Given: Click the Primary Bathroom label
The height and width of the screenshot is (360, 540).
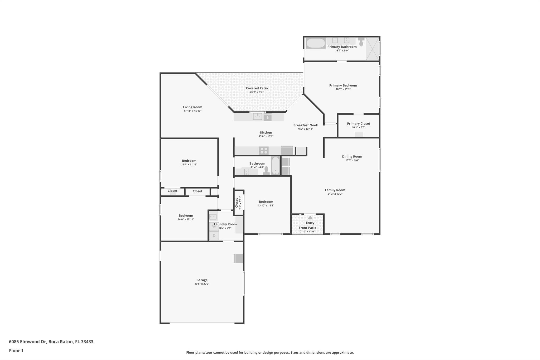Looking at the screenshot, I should (x=342, y=47).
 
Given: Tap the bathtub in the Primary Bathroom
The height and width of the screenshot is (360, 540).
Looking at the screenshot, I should (x=316, y=43).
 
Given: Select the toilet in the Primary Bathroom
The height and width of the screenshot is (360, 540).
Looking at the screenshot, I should (x=361, y=42).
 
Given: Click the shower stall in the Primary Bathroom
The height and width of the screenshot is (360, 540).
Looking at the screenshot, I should (x=372, y=49).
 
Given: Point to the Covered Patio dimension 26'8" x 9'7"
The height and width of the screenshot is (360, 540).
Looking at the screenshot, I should (x=257, y=92).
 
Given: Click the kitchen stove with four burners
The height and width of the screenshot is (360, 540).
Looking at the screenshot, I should (x=264, y=151).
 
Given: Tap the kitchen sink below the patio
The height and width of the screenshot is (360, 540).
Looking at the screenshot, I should (x=257, y=117).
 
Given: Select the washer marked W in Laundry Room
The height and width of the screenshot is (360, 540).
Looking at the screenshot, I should (x=214, y=226).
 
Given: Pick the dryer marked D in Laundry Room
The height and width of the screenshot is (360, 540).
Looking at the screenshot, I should (x=214, y=236).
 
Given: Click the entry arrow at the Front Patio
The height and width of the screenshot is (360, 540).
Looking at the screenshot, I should (x=310, y=218).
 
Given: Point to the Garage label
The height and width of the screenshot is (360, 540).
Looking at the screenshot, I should (x=202, y=280).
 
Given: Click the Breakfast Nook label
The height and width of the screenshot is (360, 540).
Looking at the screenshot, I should (x=305, y=125).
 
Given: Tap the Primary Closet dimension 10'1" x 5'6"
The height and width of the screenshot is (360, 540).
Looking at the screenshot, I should (x=358, y=127).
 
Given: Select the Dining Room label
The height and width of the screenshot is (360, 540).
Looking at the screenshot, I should (x=352, y=156).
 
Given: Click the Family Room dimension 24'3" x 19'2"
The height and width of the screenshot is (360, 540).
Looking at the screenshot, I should (x=335, y=194).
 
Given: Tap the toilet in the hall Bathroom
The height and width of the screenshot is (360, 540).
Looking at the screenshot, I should (x=266, y=171).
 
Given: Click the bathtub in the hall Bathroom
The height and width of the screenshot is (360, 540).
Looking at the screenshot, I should (x=275, y=166).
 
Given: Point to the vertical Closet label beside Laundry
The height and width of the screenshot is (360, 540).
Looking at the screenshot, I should (x=237, y=202).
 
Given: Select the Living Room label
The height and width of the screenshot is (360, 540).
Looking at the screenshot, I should (x=192, y=107).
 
